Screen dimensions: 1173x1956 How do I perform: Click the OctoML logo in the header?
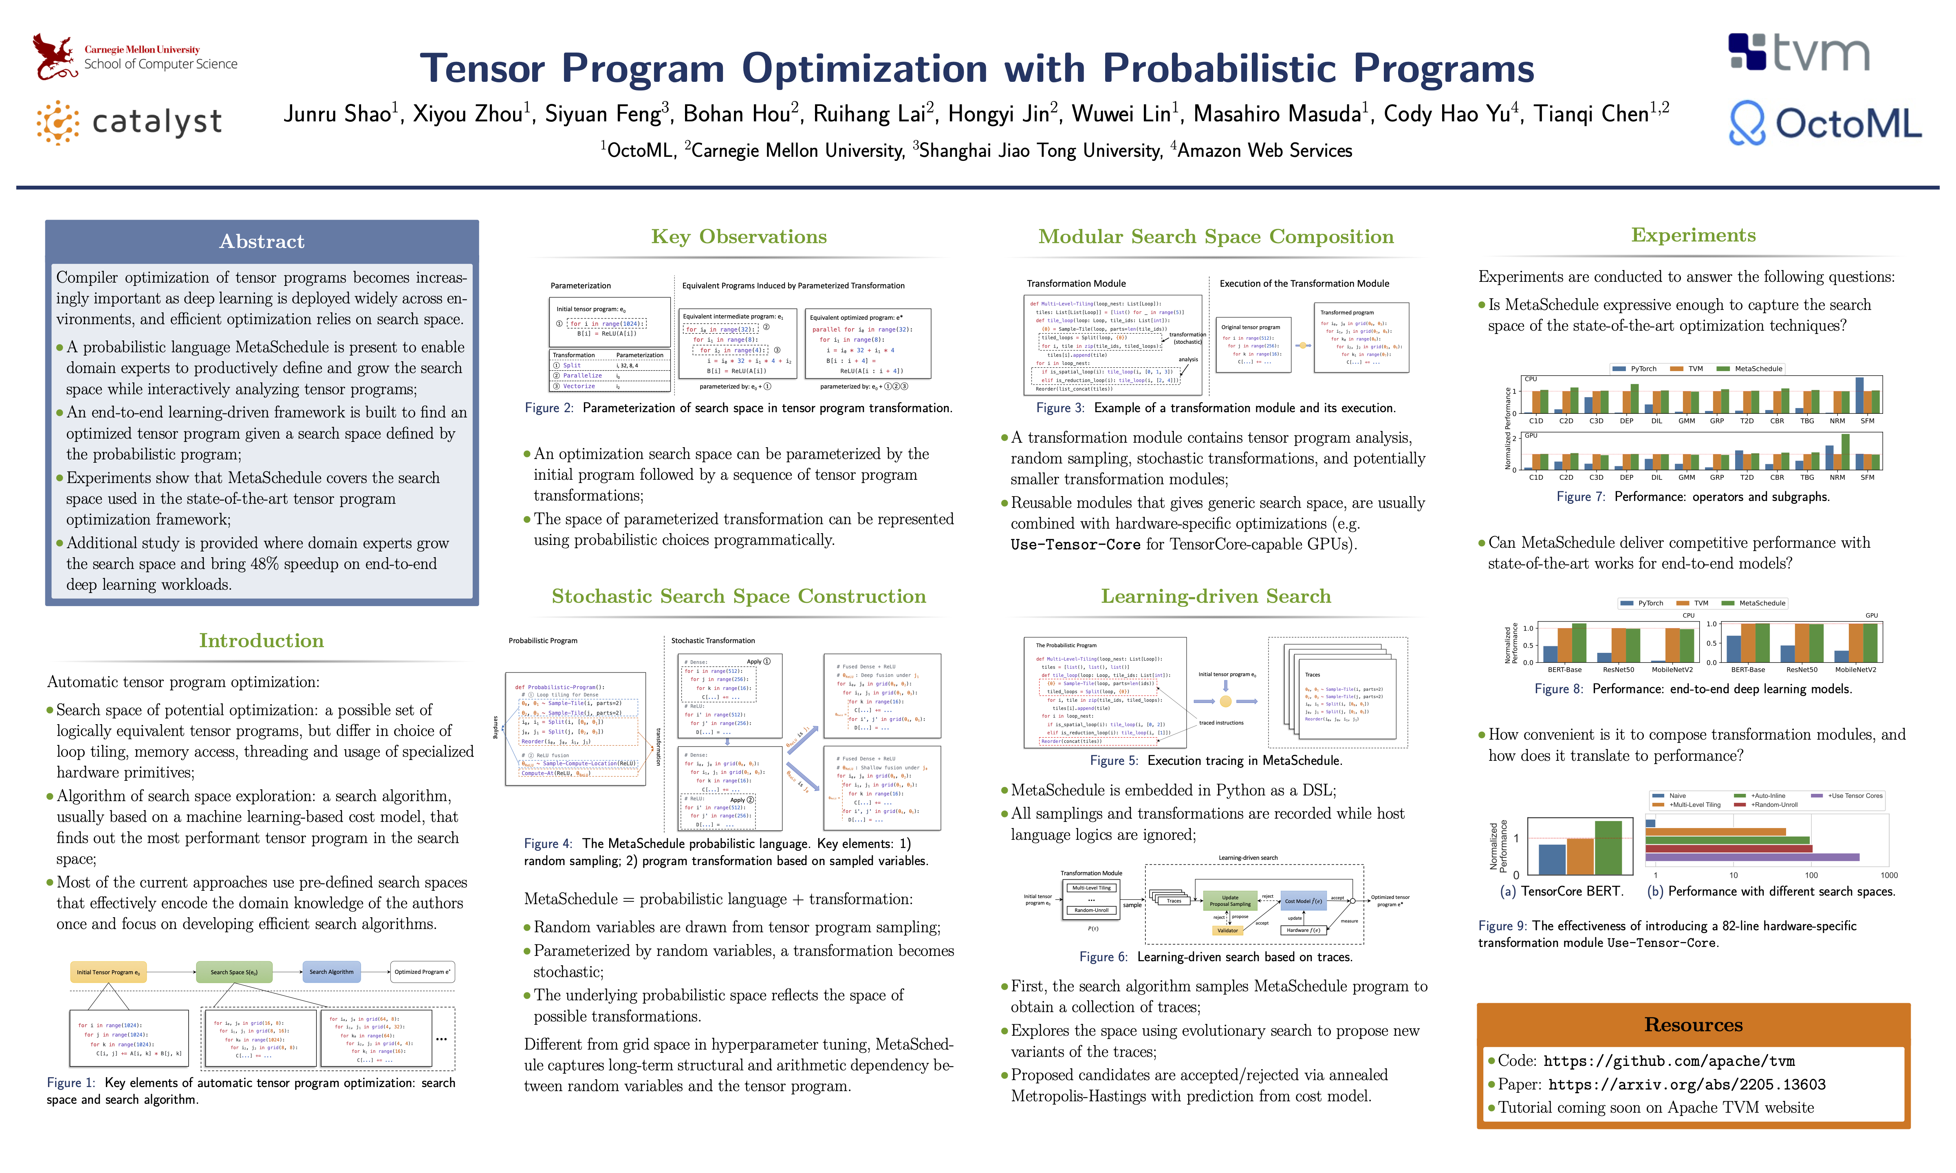point(1825,123)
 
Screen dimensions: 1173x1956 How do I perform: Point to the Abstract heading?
point(262,241)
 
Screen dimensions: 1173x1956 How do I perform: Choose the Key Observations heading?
point(738,236)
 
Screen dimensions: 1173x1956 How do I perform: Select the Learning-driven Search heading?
point(1215,596)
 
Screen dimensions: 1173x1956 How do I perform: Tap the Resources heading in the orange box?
point(1693,1024)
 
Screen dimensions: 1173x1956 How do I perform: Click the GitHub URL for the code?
point(1668,1061)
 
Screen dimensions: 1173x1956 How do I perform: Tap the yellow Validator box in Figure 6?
point(1227,930)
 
